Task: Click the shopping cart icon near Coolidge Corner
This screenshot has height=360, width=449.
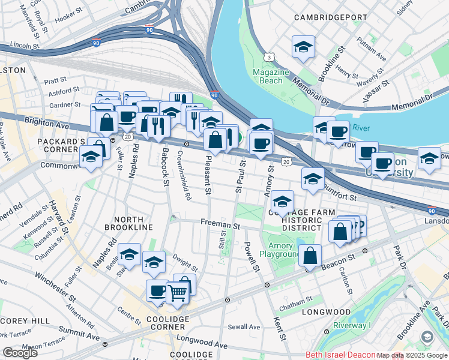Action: tap(177, 293)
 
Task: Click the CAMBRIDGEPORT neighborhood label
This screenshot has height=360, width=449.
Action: tap(330, 17)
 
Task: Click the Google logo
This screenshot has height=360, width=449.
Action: tap(20, 353)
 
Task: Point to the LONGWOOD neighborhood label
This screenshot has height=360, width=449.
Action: tap(326, 312)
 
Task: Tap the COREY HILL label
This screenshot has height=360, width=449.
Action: tap(25, 321)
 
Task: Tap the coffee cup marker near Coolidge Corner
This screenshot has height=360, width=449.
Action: tap(158, 290)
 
